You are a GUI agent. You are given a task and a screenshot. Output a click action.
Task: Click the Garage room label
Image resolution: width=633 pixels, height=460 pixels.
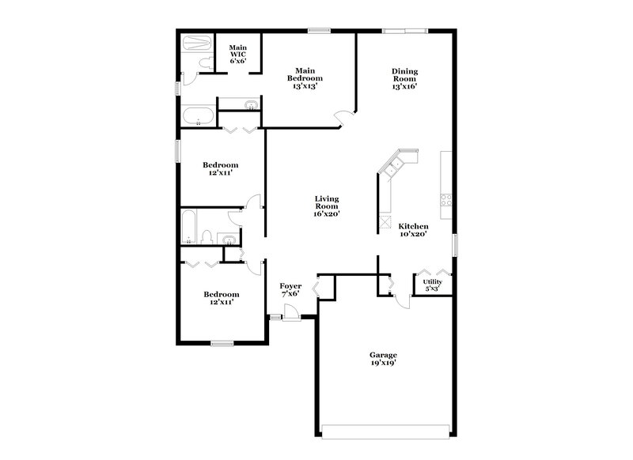tap(383, 355)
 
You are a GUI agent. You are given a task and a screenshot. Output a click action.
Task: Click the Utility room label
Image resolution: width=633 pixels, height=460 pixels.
tap(432, 282)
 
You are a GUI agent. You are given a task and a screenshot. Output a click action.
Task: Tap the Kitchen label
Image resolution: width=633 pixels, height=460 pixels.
tap(413, 225)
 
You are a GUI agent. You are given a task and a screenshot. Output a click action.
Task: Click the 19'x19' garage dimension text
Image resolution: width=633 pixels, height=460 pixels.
tap(383, 364)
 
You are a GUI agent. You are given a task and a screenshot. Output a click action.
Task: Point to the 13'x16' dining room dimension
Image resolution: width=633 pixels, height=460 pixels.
tap(405, 87)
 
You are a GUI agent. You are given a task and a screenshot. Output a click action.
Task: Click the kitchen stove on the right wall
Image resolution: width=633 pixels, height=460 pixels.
tap(446, 201)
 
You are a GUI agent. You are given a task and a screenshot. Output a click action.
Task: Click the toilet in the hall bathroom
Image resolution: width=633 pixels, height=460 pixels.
tap(206, 237)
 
